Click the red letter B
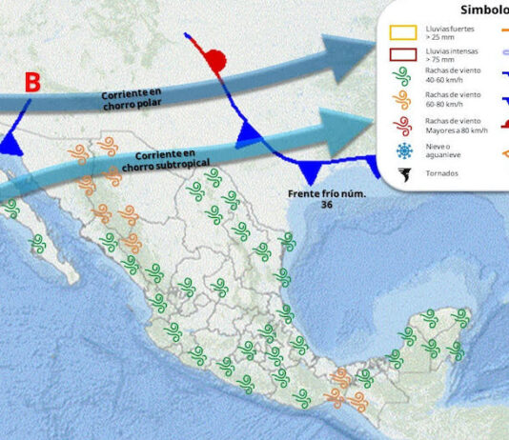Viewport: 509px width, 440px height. pos(31,82)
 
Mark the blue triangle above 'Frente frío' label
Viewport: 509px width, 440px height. pos(311,171)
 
